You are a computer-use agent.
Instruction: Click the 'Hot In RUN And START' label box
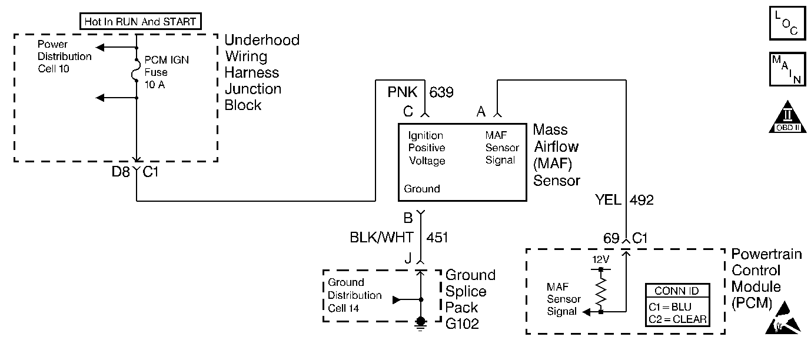coord(139,22)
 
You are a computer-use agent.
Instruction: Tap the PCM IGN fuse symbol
coord(137,72)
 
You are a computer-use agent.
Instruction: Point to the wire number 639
coord(441,92)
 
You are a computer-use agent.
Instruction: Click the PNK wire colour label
coord(402,92)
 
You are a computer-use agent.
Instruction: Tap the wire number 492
coord(642,200)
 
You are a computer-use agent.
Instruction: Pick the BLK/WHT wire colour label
coord(381,237)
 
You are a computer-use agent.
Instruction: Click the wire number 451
coord(436,237)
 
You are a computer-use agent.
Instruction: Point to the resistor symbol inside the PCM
coord(601,291)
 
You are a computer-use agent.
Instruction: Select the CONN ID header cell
coord(677,291)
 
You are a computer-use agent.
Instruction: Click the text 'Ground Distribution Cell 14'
coord(355,295)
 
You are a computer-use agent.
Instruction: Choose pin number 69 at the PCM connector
coord(611,238)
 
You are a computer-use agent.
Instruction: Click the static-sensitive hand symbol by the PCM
coord(785,317)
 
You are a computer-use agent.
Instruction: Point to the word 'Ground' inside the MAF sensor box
coord(421,189)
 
